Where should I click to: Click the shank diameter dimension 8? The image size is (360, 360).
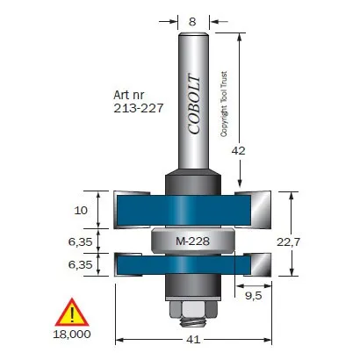192,22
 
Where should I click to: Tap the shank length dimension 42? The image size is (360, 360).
238,151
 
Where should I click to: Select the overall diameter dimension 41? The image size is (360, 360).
193,340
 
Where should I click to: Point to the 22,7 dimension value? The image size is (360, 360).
289,242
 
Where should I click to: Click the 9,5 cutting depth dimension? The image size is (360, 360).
254,296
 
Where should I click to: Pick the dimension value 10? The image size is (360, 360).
81,210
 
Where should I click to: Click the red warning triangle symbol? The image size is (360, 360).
72,313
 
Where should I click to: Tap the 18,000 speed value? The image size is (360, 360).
72,335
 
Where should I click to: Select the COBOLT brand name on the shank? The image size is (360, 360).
194,105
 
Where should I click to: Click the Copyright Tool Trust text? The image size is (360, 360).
224,104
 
